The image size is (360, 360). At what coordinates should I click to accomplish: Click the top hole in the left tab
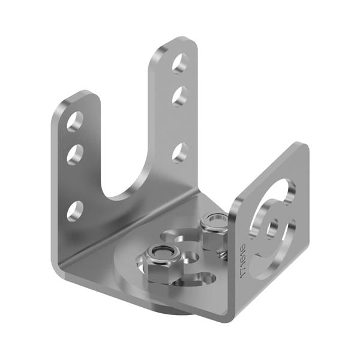(x=75, y=122)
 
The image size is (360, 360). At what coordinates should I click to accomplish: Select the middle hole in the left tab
(x=75, y=155)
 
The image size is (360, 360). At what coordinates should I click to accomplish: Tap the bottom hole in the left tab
(x=75, y=211)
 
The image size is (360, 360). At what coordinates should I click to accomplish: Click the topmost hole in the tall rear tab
(x=180, y=63)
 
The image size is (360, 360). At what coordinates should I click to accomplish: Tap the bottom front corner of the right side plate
(x=231, y=314)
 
